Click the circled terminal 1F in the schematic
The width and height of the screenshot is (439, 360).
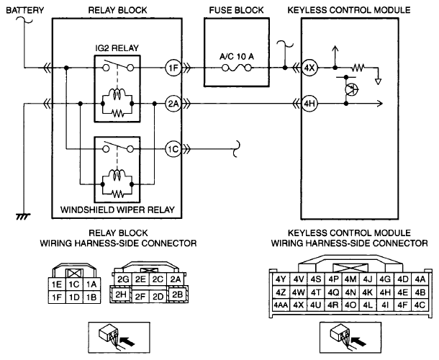(173, 68)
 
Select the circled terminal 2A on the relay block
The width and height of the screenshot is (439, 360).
(173, 104)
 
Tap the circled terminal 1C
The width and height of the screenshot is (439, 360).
(173, 149)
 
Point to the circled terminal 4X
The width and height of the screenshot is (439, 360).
(309, 68)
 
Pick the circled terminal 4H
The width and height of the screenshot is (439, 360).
(309, 104)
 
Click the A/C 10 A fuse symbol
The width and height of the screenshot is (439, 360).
(237, 68)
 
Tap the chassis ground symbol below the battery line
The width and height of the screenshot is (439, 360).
(23, 216)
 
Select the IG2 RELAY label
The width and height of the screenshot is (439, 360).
(117, 48)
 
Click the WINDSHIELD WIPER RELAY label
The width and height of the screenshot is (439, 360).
(117, 210)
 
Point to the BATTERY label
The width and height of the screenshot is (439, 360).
(25, 10)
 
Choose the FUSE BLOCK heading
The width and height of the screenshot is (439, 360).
(236, 10)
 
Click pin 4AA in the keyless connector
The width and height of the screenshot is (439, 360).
(281, 305)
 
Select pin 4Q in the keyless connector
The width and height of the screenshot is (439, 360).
(333, 292)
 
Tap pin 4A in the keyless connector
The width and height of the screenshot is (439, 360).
(420, 279)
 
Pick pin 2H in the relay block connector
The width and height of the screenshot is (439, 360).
(121, 294)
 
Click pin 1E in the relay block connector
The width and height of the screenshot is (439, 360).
(57, 284)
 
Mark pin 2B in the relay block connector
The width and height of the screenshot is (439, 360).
(177, 294)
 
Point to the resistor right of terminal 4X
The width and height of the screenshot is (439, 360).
(358, 68)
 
